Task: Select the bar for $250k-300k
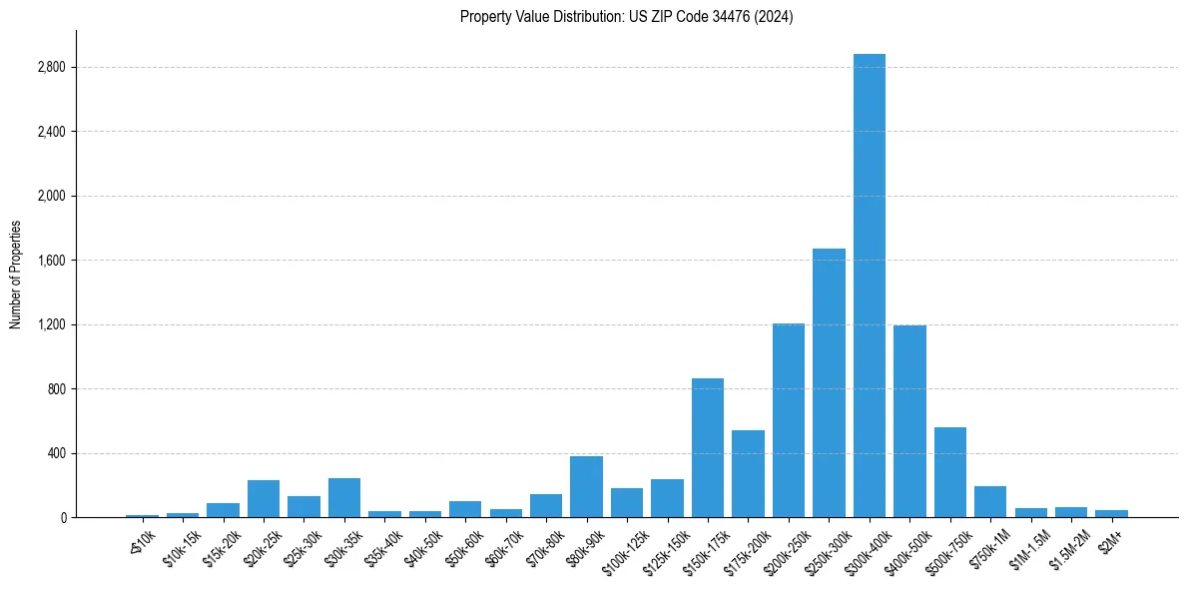(x=829, y=383)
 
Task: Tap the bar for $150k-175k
(x=708, y=448)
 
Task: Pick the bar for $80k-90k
(x=586, y=487)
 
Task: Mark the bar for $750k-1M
(x=990, y=502)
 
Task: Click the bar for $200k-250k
(x=789, y=420)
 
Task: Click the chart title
(x=626, y=17)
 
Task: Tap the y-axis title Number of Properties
(x=15, y=275)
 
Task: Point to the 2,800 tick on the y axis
(x=50, y=67)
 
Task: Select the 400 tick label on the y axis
(x=55, y=453)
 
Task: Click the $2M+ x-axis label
(x=1110, y=539)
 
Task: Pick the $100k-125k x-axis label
(x=623, y=549)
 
